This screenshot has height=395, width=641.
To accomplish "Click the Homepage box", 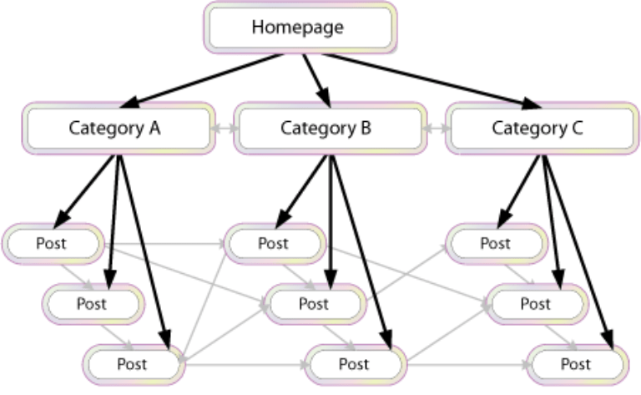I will pos(297,28).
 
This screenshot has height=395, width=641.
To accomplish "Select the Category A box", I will pos(118,129).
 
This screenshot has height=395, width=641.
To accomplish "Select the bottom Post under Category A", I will pos(133,363).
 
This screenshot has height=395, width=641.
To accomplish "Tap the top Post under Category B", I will pos(273,244).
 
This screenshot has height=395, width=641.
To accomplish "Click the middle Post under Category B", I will pos(313,303).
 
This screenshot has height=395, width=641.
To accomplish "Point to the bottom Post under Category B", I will pos(354,364).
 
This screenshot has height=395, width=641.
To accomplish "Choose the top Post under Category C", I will pos(494,244).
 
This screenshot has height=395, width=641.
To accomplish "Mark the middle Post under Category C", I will pos(534,303).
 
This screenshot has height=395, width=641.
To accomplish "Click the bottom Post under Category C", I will pos(576,364).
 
